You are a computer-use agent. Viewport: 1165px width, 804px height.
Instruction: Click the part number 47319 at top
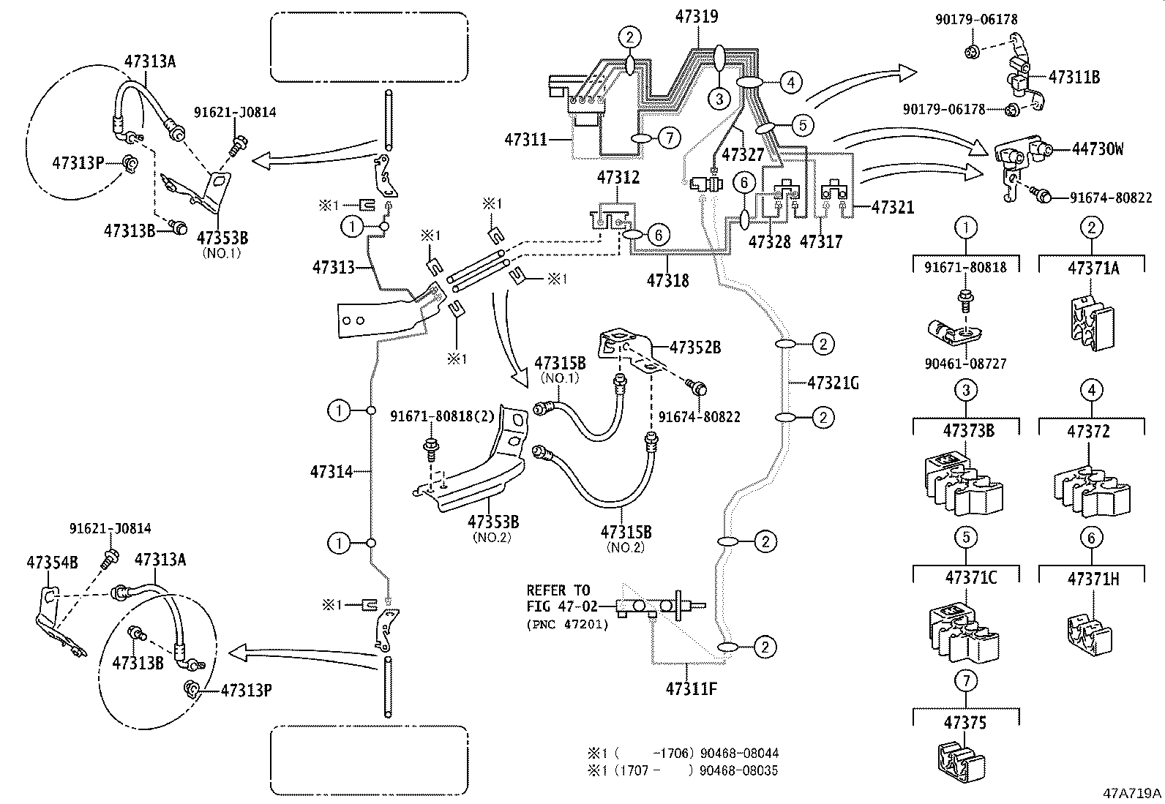(697, 16)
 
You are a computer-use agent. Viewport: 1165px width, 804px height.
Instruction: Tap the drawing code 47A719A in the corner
(1133, 793)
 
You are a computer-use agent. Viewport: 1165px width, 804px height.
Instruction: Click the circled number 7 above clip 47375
(966, 681)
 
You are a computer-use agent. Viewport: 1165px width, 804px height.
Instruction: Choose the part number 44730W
(1098, 149)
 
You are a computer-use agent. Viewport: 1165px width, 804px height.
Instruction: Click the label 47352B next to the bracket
(695, 348)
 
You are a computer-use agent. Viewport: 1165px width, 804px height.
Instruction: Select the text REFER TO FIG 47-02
(561, 598)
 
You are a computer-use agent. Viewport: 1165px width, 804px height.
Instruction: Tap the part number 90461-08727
(966, 364)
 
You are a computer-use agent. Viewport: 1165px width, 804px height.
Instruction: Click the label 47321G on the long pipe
(833, 382)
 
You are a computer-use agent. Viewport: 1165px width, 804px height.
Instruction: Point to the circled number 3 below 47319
(719, 98)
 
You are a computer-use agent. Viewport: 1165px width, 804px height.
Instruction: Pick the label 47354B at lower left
(52, 562)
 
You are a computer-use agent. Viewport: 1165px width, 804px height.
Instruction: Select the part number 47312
(618, 177)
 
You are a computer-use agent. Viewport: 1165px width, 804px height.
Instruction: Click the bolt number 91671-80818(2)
(442, 416)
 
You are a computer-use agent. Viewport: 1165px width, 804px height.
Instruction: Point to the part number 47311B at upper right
(1074, 77)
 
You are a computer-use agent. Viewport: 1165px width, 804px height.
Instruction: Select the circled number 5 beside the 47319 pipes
(802, 125)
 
